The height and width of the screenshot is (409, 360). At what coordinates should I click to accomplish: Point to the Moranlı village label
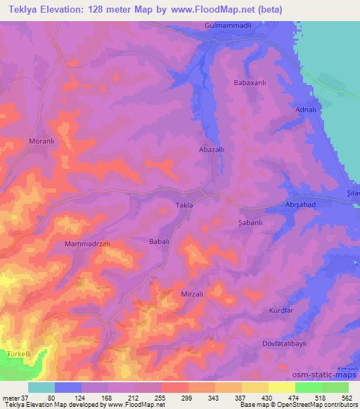(x=41, y=141)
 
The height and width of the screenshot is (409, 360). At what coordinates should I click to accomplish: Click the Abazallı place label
(x=212, y=150)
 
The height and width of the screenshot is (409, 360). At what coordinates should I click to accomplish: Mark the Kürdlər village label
(x=281, y=310)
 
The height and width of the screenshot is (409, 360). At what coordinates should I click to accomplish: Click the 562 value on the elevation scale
(x=346, y=398)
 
